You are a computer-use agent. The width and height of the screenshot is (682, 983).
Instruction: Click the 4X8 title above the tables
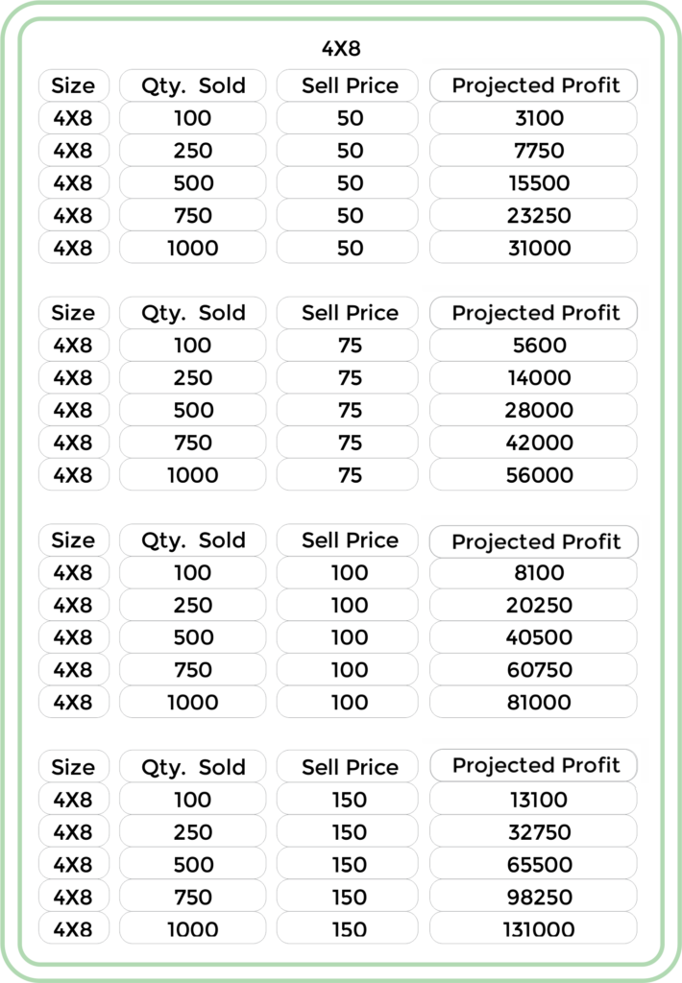341,48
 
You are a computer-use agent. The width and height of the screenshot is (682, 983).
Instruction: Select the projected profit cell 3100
533,118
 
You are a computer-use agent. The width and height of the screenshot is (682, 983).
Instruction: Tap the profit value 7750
533,151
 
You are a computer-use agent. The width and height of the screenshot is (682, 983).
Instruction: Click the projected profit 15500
533,183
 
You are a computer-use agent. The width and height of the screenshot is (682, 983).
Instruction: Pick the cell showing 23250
533,216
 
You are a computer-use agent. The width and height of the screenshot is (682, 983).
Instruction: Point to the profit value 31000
533,249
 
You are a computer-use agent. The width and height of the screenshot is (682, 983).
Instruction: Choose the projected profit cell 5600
533,345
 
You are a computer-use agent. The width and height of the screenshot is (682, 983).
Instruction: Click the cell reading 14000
533,377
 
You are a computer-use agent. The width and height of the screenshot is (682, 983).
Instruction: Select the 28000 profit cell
533,410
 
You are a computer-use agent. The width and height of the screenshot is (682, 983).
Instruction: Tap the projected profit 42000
533,443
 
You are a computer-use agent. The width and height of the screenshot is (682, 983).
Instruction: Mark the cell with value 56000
533,475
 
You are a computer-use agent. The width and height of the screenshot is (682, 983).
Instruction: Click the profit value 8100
533,572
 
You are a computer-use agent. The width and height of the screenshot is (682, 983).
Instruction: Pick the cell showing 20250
533,605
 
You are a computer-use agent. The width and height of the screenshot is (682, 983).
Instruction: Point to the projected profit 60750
533,669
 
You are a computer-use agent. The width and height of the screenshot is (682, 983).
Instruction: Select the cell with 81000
533,702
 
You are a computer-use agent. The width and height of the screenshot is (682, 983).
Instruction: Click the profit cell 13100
533,800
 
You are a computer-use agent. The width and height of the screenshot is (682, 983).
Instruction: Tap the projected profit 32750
533,832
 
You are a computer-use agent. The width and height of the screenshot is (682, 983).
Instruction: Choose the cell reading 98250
533,898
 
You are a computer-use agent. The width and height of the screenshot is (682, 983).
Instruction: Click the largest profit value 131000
533,929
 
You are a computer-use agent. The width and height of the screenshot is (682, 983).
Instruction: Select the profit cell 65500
533,865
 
